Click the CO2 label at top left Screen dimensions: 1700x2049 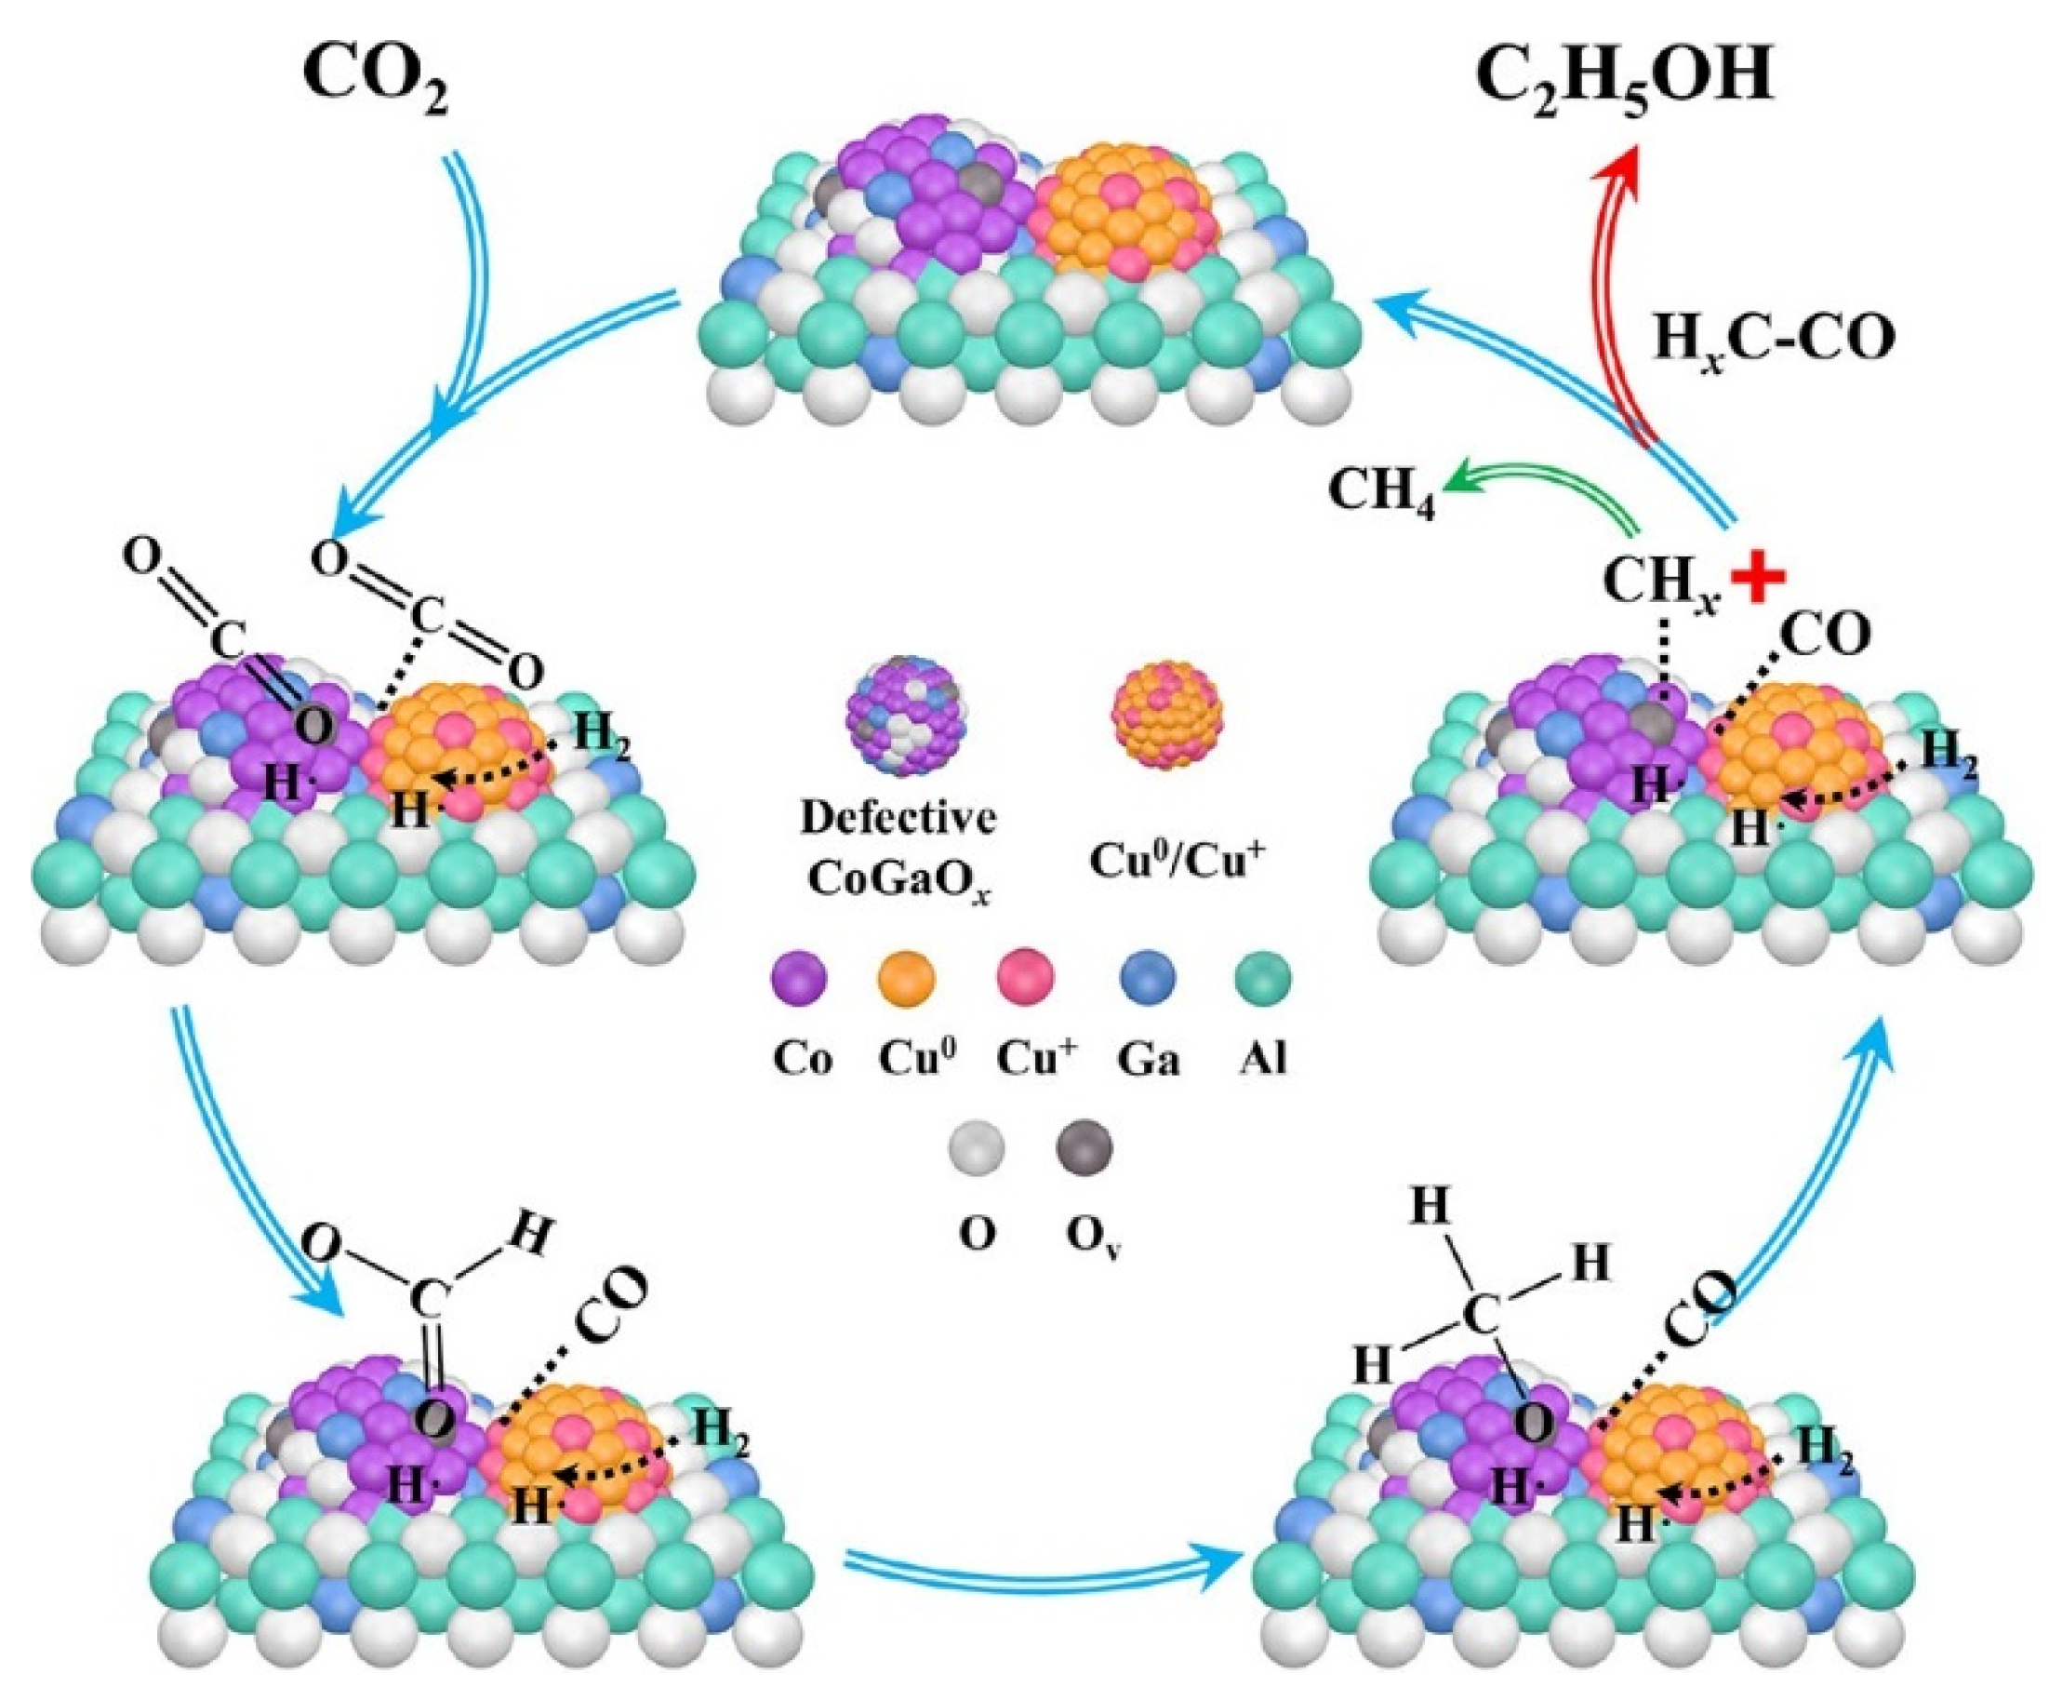(x=379, y=84)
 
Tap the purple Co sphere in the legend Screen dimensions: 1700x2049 (x=799, y=977)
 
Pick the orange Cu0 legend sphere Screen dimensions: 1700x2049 (x=908, y=977)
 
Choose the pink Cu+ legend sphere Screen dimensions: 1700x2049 (x=1026, y=977)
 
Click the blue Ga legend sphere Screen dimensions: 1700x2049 (x=1148, y=977)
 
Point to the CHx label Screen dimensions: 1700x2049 (x=1658, y=585)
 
